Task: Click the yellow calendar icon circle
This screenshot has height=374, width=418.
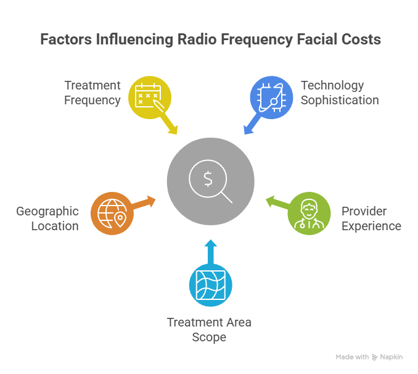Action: (x=149, y=98)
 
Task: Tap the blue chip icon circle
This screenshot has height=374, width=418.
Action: (x=271, y=98)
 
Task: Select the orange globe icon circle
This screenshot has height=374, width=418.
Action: (x=112, y=214)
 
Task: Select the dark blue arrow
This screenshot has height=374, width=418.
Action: (x=251, y=125)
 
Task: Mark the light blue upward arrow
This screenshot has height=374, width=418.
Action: (x=210, y=251)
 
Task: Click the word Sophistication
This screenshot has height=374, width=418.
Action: (x=340, y=100)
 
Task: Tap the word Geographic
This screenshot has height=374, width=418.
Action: (x=48, y=211)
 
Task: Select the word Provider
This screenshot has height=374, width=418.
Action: (x=364, y=211)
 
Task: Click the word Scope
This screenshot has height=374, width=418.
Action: (x=210, y=337)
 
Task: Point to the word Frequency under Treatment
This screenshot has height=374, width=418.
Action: (x=92, y=100)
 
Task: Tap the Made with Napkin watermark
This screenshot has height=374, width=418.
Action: (x=369, y=357)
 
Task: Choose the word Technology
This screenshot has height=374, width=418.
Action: (x=332, y=85)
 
